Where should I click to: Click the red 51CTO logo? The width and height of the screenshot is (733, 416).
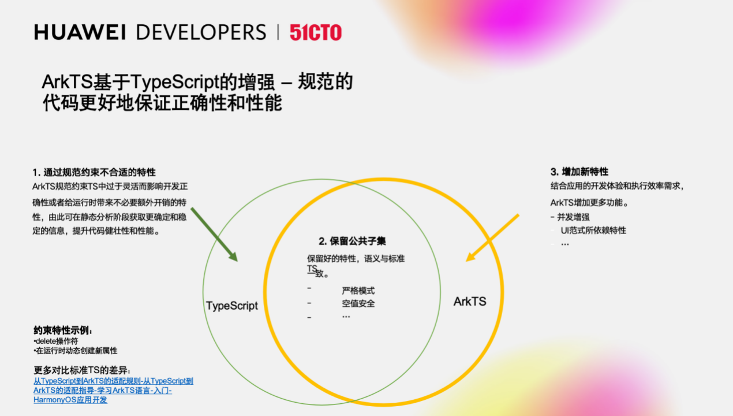[316, 32]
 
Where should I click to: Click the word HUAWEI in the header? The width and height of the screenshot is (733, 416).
[80, 32]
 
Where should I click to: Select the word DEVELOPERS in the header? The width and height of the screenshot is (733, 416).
[201, 32]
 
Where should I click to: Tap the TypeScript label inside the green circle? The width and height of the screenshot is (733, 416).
[231, 306]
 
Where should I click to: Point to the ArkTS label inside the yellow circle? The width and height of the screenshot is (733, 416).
[470, 302]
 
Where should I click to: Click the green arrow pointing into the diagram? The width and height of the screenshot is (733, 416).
[214, 235]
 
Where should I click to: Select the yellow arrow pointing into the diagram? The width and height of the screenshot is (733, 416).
[492, 238]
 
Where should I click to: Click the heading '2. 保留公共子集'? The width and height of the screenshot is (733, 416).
[352, 242]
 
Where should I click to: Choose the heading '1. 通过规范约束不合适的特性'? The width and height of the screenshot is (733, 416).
[94, 172]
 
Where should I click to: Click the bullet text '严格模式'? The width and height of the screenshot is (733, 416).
[358, 291]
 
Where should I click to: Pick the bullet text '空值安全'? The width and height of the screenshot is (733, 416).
[358, 304]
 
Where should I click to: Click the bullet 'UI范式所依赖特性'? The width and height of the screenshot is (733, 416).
[593, 231]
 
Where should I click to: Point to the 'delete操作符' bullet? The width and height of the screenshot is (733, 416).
[56, 341]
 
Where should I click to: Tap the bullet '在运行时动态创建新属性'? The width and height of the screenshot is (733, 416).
[76, 351]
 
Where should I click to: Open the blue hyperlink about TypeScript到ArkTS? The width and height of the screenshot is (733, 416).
[113, 391]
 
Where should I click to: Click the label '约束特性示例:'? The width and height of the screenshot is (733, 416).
[63, 330]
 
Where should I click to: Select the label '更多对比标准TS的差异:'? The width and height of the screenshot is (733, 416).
[82, 370]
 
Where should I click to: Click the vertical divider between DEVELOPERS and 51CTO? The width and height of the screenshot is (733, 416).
[278, 32]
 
